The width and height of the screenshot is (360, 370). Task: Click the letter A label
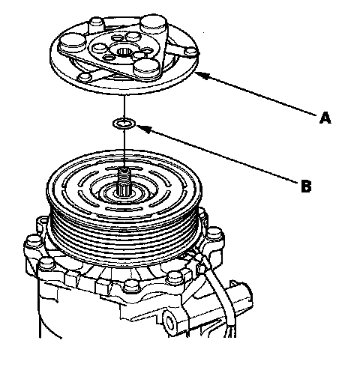pos(325,118)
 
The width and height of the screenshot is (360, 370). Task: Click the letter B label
pos(306,186)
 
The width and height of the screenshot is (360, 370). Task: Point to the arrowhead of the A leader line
pos(201,75)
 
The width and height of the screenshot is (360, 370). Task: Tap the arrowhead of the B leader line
pos(143,129)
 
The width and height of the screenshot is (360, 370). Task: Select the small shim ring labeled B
pos(124,123)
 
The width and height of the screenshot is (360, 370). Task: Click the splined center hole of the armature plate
pos(123,52)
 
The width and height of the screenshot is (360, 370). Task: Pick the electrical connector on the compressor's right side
pos(241,295)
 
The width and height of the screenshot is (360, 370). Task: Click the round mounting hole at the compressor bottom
pos(169,323)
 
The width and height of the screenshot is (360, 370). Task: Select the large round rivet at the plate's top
pos(153,22)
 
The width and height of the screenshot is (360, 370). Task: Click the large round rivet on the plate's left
pos(73,42)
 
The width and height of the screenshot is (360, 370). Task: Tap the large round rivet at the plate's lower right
pos(147,67)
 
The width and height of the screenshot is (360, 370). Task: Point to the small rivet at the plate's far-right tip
pos(191,52)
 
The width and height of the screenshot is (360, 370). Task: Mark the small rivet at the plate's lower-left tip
pos(85,76)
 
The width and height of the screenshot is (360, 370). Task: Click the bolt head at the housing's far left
pos(34,241)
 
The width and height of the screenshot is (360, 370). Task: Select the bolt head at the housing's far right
pos(214,233)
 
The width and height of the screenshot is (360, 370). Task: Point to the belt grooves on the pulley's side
pos(124,238)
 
